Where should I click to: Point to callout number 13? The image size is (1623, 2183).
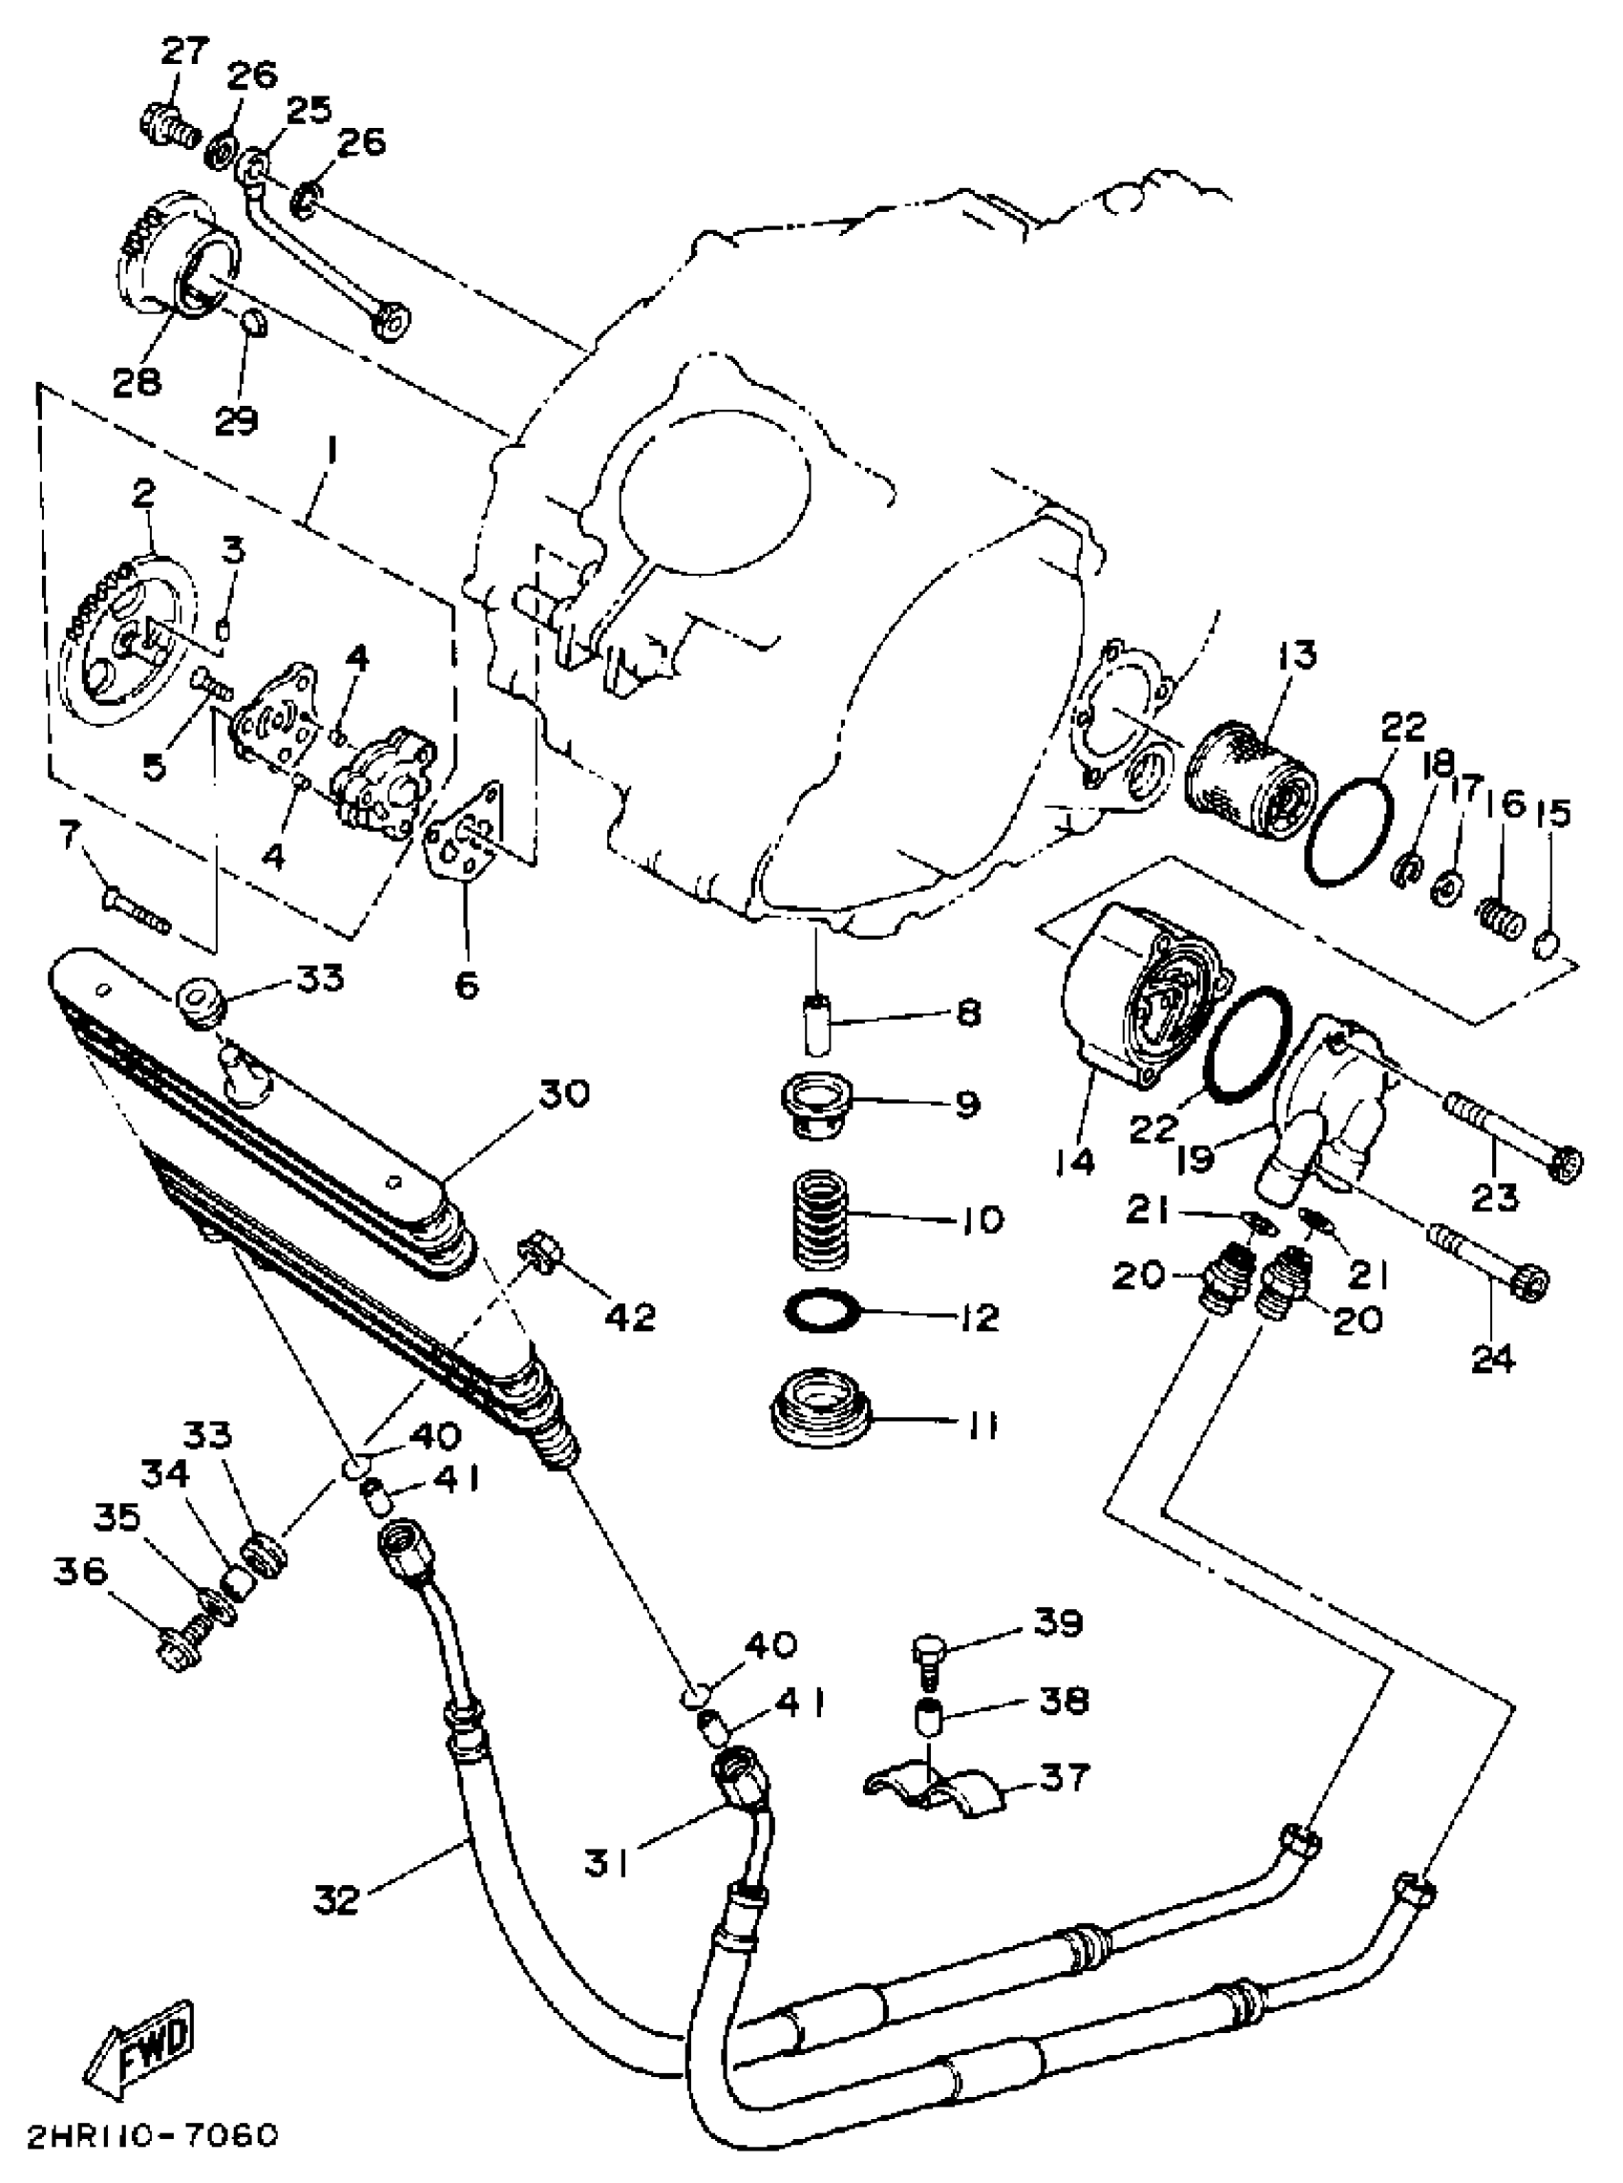(x=1296, y=656)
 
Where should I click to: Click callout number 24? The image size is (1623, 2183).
(x=1493, y=1360)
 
